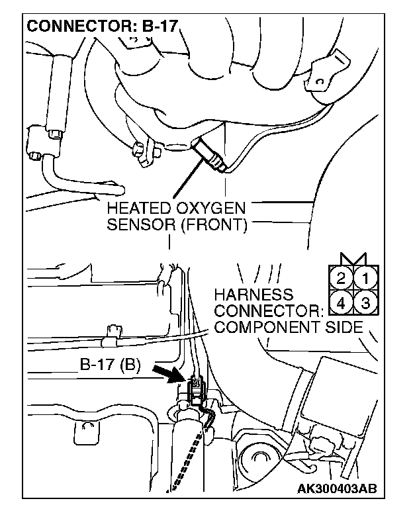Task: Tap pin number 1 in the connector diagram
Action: tap(364, 274)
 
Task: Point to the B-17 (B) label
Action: tap(110, 364)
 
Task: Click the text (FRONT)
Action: tap(211, 225)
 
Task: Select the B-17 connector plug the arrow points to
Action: tap(197, 387)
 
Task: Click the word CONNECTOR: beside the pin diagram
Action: tap(267, 310)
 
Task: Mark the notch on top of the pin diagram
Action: tap(353, 257)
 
